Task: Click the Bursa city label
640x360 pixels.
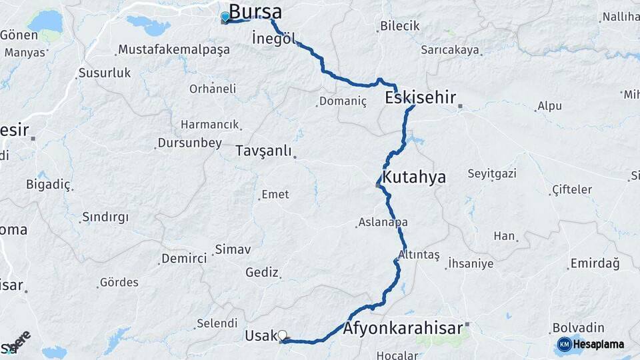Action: [255, 12]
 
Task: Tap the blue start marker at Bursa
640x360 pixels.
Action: [225, 17]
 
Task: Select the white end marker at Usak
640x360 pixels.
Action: [282, 335]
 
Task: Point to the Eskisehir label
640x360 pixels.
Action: [421, 99]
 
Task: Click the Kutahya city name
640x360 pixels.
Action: [413, 177]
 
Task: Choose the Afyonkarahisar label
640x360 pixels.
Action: [403, 328]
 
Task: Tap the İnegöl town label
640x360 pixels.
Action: [273, 39]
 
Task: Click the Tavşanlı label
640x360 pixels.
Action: [263, 151]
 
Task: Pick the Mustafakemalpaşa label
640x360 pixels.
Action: [174, 49]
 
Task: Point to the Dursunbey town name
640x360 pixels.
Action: [189, 143]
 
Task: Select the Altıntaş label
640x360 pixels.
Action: [419, 255]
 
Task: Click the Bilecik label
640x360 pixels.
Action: [400, 26]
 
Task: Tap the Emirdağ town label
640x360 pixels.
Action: [595, 264]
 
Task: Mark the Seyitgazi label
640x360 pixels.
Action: [492, 174]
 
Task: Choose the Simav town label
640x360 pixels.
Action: [232, 250]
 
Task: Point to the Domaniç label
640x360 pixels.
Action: [343, 101]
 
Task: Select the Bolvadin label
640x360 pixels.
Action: [578, 328]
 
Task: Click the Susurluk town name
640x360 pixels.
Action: [105, 73]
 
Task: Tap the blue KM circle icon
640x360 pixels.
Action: [565, 344]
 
